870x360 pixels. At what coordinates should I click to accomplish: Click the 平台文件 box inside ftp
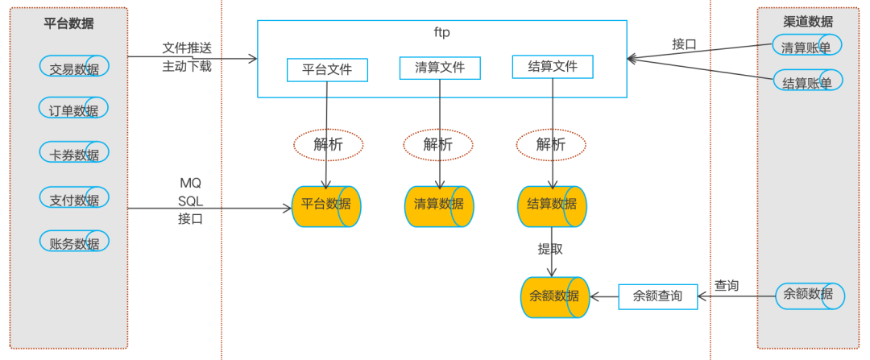click(x=327, y=70)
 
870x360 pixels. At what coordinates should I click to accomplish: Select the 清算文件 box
click(x=440, y=68)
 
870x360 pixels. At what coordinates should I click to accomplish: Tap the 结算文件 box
click(x=552, y=67)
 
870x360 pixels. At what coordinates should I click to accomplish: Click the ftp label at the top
click(x=441, y=33)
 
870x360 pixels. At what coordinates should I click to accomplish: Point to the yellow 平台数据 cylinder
click(x=325, y=206)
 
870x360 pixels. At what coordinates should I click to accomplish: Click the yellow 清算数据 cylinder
click(x=438, y=206)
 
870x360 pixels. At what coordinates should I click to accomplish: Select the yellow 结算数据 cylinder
click(x=551, y=206)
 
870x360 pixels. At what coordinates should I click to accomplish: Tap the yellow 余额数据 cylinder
click(x=554, y=296)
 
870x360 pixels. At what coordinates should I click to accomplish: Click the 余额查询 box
click(x=657, y=296)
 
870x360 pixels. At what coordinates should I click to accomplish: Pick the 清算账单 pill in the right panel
click(x=807, y=45)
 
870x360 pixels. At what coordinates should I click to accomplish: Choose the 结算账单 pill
click(x=807, y=81)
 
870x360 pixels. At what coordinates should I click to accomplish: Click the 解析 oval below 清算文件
click(x=438, y=144)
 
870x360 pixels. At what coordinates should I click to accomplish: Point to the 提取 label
click(x=550, y=248)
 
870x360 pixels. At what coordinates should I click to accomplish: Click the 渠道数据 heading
click(x=808, y=21)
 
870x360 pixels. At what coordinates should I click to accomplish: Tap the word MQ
click(x=190, y=181)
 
